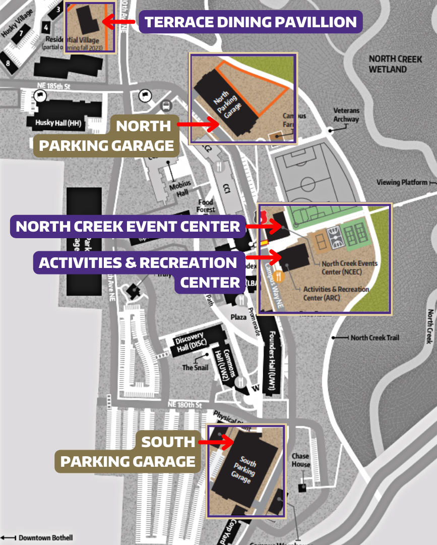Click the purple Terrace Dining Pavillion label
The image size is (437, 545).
251,22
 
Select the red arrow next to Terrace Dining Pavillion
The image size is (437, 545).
118,21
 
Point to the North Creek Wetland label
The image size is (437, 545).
395,64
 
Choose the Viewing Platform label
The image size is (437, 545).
402,182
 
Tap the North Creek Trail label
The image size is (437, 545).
374,338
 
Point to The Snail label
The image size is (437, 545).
195,367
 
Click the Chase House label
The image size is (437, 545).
300,460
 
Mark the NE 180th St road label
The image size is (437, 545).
184,405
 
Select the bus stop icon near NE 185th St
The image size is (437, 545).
166,106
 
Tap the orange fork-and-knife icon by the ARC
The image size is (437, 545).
280,276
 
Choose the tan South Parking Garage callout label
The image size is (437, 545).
128,451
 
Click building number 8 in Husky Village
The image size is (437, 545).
8,63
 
